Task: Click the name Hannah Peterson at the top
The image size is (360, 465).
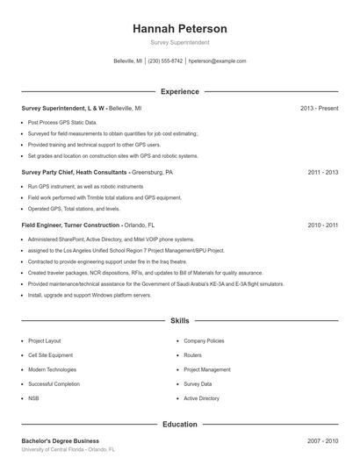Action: (x=180, y=28)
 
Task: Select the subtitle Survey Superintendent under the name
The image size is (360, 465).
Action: (x=180, y=42)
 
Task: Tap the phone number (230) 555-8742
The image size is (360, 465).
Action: (x=165, y=61)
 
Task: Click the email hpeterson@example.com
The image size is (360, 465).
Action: (x=217, y=61)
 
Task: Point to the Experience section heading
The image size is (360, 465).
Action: (x=180, y=91)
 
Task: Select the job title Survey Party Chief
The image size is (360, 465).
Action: (x=48, y=173)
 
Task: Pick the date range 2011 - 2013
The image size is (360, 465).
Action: (x=323, y=173)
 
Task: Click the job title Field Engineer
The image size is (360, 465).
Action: (x=43, y=225)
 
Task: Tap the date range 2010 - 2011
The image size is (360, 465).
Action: (x=323, y=225)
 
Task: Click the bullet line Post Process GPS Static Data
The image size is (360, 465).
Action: (x=62, y=122)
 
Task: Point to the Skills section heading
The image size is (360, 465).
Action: (x=180, y=322)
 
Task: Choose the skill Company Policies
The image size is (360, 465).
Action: (x=204, y=340)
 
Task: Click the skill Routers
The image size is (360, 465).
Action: (x=192, y=355)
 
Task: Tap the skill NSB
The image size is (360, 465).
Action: (x=33, y=398)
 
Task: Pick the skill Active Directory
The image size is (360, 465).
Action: (x=202, y=398)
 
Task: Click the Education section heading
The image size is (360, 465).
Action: (x=180, y=425)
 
